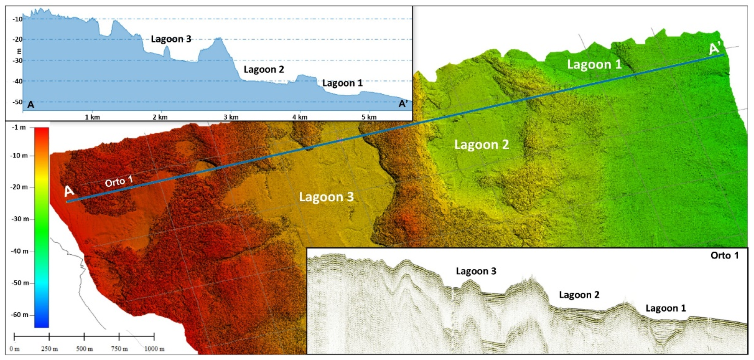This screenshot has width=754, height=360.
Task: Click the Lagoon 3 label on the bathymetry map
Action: coord(326,197)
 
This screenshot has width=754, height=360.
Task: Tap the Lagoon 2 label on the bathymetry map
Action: coord(481,145)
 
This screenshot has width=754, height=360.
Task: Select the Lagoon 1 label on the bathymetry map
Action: coord(594,64)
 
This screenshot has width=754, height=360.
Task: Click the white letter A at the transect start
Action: coord(69,191)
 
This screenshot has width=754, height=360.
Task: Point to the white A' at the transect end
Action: coord(715,48)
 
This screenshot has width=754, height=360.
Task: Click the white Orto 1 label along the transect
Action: coord(119,182)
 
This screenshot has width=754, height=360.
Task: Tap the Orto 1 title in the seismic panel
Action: coord(724,256)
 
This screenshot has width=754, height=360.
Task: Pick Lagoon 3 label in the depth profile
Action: coord(171,39)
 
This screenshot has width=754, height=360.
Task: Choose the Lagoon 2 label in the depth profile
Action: coord(264,69)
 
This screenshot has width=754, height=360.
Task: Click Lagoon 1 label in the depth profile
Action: coord(342,83)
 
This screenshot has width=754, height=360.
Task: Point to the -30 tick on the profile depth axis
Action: coord(18,61)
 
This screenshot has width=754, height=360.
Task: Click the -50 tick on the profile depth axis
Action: coord(18,102)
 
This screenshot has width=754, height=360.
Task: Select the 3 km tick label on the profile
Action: coord(231,117)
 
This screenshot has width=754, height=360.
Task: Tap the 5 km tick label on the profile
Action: coord(369,117)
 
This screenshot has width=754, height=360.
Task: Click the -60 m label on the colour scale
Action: coord(20,315)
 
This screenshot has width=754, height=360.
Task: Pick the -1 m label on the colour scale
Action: coord(19,127)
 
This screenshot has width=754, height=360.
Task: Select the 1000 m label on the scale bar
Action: coord(154,349)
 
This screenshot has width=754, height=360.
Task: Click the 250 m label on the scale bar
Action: coord(49,349)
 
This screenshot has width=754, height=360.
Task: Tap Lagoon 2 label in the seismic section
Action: coord(579,295)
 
